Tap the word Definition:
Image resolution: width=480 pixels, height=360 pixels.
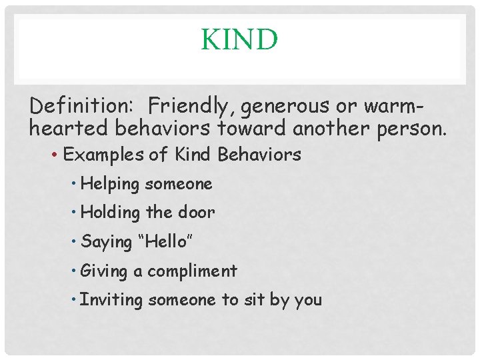point(85,105)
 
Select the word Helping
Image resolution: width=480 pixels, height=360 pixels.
point(110,184)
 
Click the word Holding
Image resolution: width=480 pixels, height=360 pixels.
point(111,213)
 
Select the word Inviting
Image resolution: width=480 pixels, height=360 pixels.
point(111,300)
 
